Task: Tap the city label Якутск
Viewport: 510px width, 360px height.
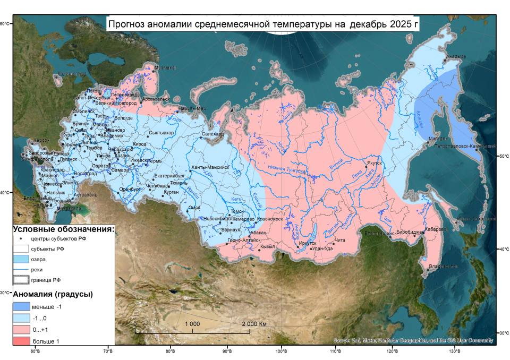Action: click(375, 164)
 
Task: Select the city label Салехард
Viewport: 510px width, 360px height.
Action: click(212, 135)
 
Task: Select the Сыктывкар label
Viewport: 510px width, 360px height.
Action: click(161, 133)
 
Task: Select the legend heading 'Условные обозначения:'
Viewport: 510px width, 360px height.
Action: click(63, 229)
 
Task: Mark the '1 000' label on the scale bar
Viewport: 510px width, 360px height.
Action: click(192, 324)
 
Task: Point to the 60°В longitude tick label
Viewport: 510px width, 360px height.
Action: click(36, 351)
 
